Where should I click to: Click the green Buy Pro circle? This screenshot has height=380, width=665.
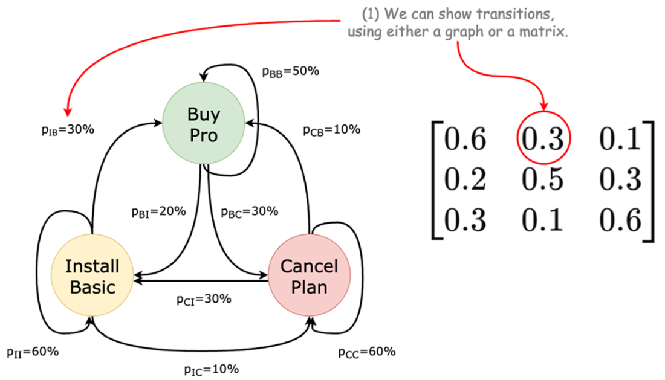[x=203, y=124]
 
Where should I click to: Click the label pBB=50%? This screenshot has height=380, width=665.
[x=291, y=71]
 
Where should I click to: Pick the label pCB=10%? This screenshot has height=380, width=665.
[x=332, y=129]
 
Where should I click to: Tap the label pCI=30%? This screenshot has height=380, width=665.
[x=204, y=299]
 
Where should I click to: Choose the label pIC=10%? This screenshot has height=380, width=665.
[x=212, y=369]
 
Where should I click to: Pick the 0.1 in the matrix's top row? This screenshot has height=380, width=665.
[x=619, y=141]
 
